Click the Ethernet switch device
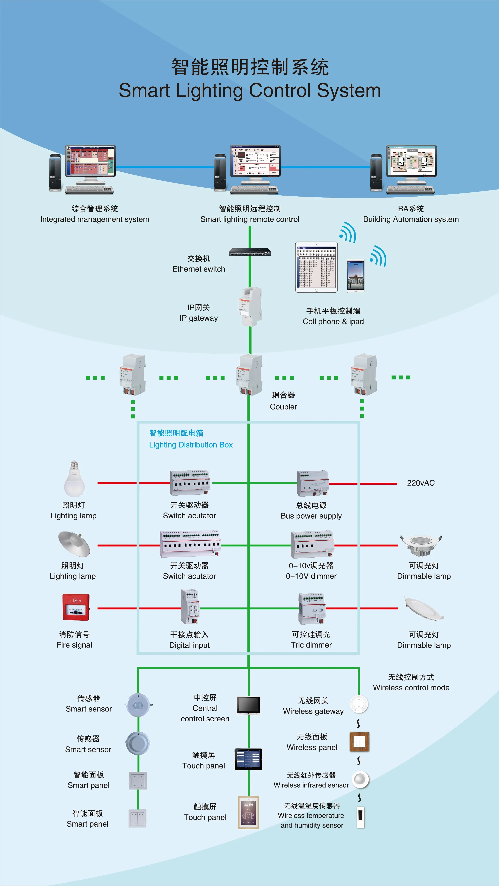pos(250,252)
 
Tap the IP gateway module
pos(251,306)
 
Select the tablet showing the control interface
pos(316,267)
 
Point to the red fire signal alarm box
pos(76,607)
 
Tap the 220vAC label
pos(421,483)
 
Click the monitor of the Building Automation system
pos(411,161)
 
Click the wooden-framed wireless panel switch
pos(359,742)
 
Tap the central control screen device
pos(248,705)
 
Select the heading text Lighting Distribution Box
pos(191,445)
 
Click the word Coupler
pos(283,407)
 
